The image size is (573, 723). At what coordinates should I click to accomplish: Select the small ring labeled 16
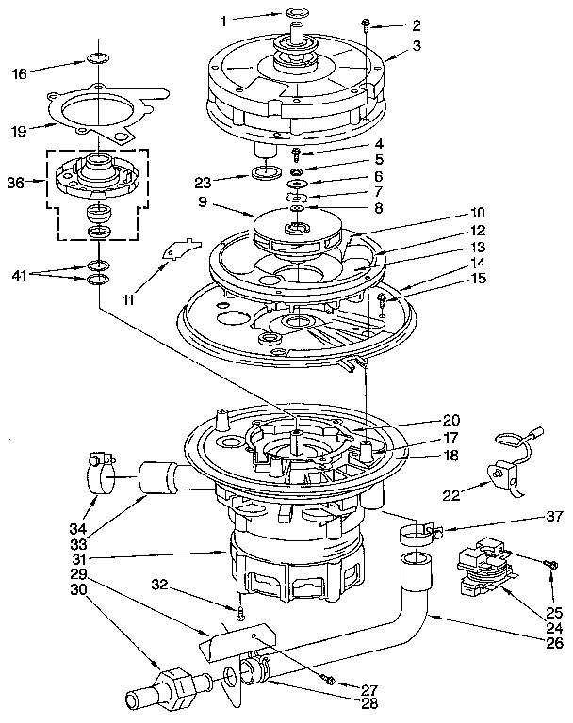click(x=96, y=61)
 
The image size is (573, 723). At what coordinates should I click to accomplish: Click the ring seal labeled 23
click(x=263, y=173)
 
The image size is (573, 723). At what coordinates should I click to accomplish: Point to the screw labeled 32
click(x=241, y=613)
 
